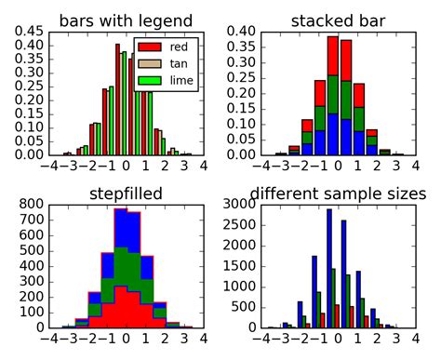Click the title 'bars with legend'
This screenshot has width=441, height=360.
126,20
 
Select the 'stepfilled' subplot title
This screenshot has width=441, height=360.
126,193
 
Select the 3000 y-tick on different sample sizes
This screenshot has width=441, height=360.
241,204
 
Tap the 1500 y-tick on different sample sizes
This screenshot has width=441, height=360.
241,266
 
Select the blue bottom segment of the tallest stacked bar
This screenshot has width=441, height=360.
332,134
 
